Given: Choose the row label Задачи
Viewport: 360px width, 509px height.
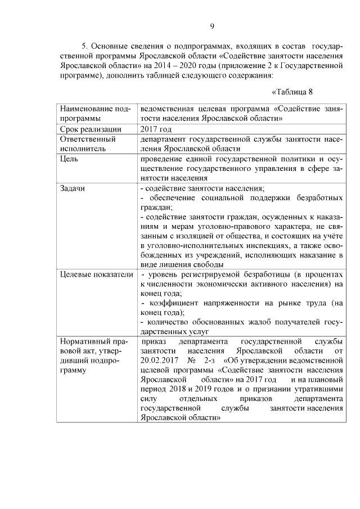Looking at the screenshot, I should [x=73, y=188].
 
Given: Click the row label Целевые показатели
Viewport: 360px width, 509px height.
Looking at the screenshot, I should [x=96, y=274].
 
